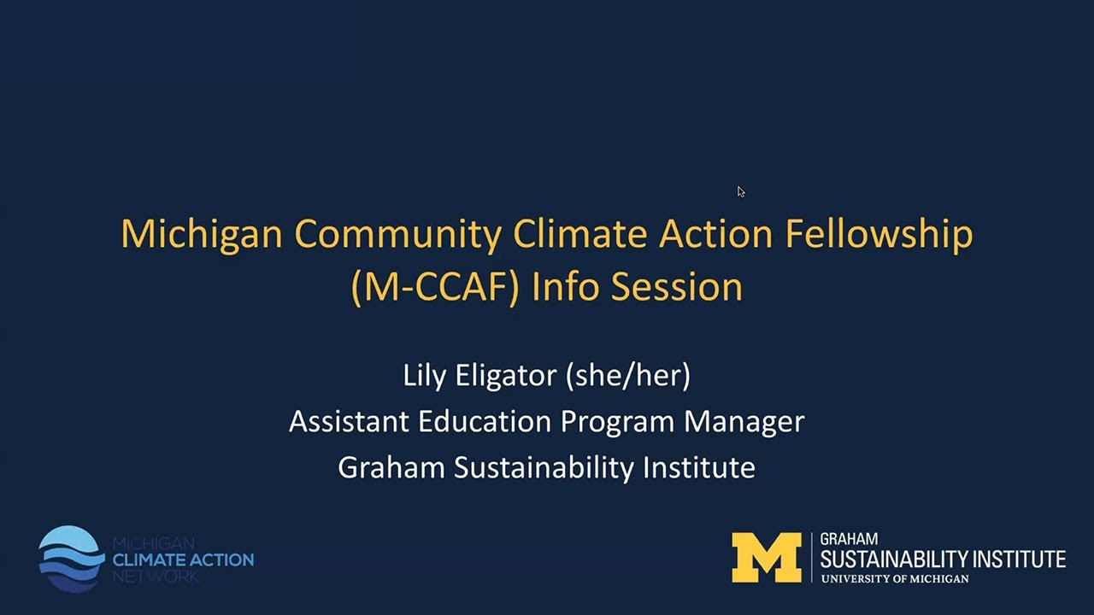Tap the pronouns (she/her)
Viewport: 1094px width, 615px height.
(x=628, y=375)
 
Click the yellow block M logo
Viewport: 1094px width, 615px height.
(x=766, y=557)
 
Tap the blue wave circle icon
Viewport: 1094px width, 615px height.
(x=71, y=558)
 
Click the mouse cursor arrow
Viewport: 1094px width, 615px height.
(x=740, y=191)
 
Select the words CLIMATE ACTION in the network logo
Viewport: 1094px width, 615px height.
(x=184, y=560)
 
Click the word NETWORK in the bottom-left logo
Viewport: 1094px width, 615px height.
(x=156, y=577)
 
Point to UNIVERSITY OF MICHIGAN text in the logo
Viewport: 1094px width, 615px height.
(x=895, y=579)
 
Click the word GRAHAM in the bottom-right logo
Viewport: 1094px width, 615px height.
(x=849, y=540)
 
